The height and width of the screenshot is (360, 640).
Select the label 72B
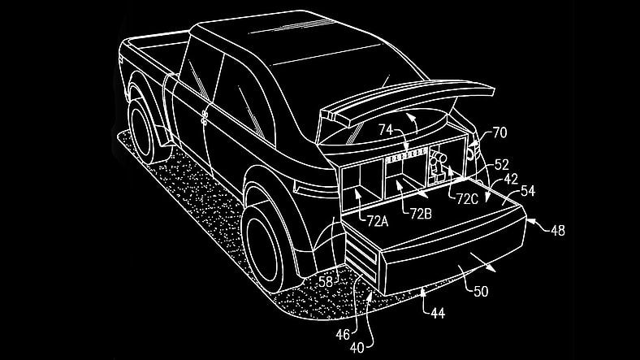point(421,213)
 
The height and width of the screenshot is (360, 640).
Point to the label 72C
point(467,199)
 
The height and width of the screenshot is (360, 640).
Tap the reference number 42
point(511,178)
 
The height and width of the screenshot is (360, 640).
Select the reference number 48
point(557,231)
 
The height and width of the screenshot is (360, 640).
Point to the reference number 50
point(481,291)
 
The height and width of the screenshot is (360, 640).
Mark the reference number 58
point(325,281)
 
